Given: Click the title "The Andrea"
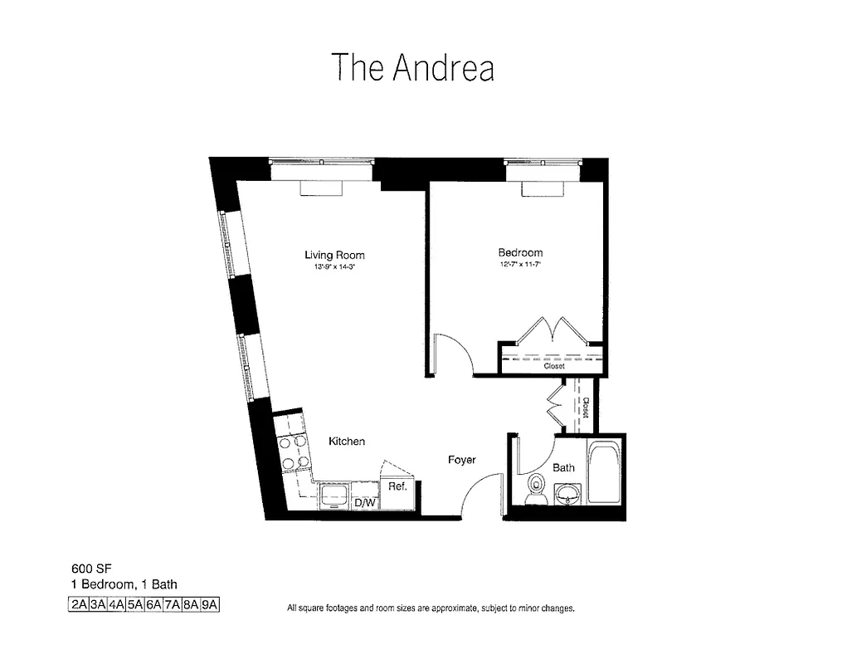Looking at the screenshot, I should [412, 67].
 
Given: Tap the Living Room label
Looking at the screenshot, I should [334, 255].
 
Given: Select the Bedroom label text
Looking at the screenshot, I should [520, 252].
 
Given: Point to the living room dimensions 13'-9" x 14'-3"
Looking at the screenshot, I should [334, 267].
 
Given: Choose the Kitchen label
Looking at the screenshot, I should [346, 442].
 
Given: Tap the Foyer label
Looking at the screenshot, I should [461, 459].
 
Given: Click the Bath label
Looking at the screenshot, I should [564, 467].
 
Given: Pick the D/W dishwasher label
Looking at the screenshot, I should [365, 502].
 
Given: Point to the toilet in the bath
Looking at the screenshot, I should [537, 489].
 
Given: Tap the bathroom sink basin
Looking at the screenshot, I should [568, 496].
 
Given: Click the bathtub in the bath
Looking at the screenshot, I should [604, 474].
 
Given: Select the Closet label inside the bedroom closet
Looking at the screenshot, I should [553, 366].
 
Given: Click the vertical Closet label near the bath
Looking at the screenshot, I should [585, 407].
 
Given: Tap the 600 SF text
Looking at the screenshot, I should [86, 570].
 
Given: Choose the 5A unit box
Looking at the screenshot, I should [134, 604].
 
